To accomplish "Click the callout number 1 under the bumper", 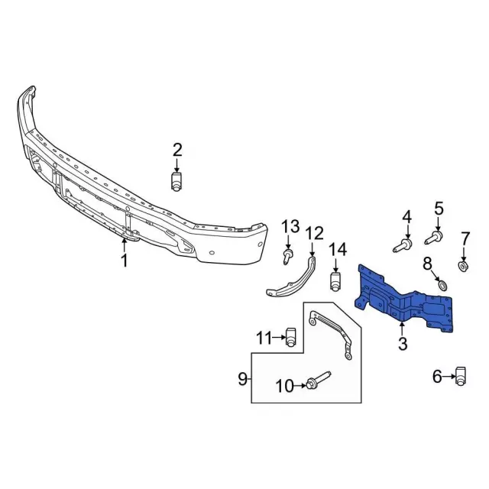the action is coord(125,261).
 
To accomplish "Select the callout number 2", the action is coord(177,150).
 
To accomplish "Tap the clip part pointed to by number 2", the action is coord(176,181).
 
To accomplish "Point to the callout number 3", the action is coord(403,344).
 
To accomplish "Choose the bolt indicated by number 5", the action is coord(434,238).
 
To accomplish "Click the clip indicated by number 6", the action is coord(461,376).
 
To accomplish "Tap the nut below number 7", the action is coord(464,267).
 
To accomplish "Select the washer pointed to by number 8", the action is coord(442,285).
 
